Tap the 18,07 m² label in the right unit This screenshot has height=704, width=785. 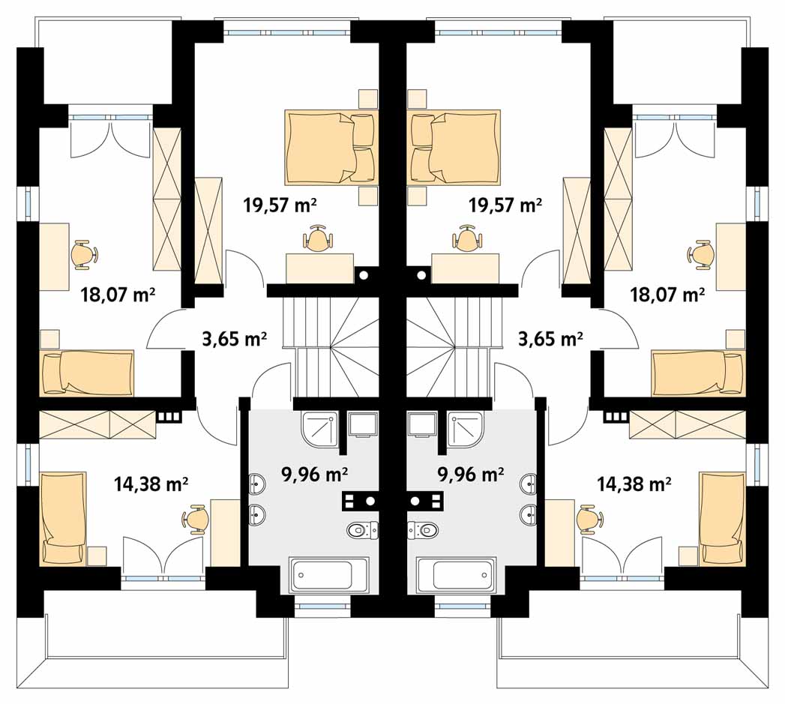[667, 295]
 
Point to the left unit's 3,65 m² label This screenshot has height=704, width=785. [234, 339]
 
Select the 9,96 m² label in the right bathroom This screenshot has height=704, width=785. [471, 474]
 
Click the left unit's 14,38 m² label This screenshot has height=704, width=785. [151, 484]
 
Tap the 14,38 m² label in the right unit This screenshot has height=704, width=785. [634, 484]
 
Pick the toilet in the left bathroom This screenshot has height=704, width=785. [362, 530]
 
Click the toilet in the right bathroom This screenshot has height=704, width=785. [423, 530]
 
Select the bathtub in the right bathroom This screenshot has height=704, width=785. [456, 575]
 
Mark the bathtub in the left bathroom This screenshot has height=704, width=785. [330, 575]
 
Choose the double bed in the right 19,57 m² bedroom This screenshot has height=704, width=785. [455, 147]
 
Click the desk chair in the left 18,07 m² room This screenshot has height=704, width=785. [85, 255]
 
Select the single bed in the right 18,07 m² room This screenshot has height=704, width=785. [698, 373]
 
